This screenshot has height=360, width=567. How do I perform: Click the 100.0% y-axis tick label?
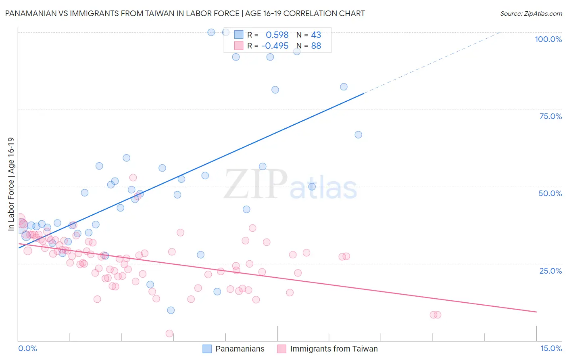(x=548, y=39)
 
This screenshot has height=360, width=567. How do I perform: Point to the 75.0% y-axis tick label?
(x=550, y=116)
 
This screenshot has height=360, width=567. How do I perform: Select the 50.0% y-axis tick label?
(x=550, y=193)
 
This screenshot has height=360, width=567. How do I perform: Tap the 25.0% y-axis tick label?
(x=550, y=271)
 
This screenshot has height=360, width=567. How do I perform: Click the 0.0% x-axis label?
(x=27, y=348)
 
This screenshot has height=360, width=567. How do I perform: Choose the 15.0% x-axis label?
(x=551, y=348)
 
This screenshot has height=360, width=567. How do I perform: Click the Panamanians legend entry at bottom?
(x=234, y=349)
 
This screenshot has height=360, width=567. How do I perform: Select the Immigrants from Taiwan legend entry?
(x=328, y=349)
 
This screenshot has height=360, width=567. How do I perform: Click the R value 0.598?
(x=277, y=35)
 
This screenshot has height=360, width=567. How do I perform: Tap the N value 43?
(x=316, y=35)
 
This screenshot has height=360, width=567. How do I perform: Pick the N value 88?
(x=316, y=46)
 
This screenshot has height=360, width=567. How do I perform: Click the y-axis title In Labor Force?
(x=11, y=184)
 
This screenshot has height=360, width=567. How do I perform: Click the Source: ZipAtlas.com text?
(x=531, y=14)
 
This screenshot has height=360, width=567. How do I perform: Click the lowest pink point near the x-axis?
(x=169, y=333)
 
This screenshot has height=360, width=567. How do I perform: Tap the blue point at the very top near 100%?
(x=211, y=32)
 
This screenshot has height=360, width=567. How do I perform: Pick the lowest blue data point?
(x=171, y=310)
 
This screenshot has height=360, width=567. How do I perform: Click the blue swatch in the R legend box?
(x=239, y=35)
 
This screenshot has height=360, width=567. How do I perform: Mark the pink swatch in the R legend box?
(x=239, y=46)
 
